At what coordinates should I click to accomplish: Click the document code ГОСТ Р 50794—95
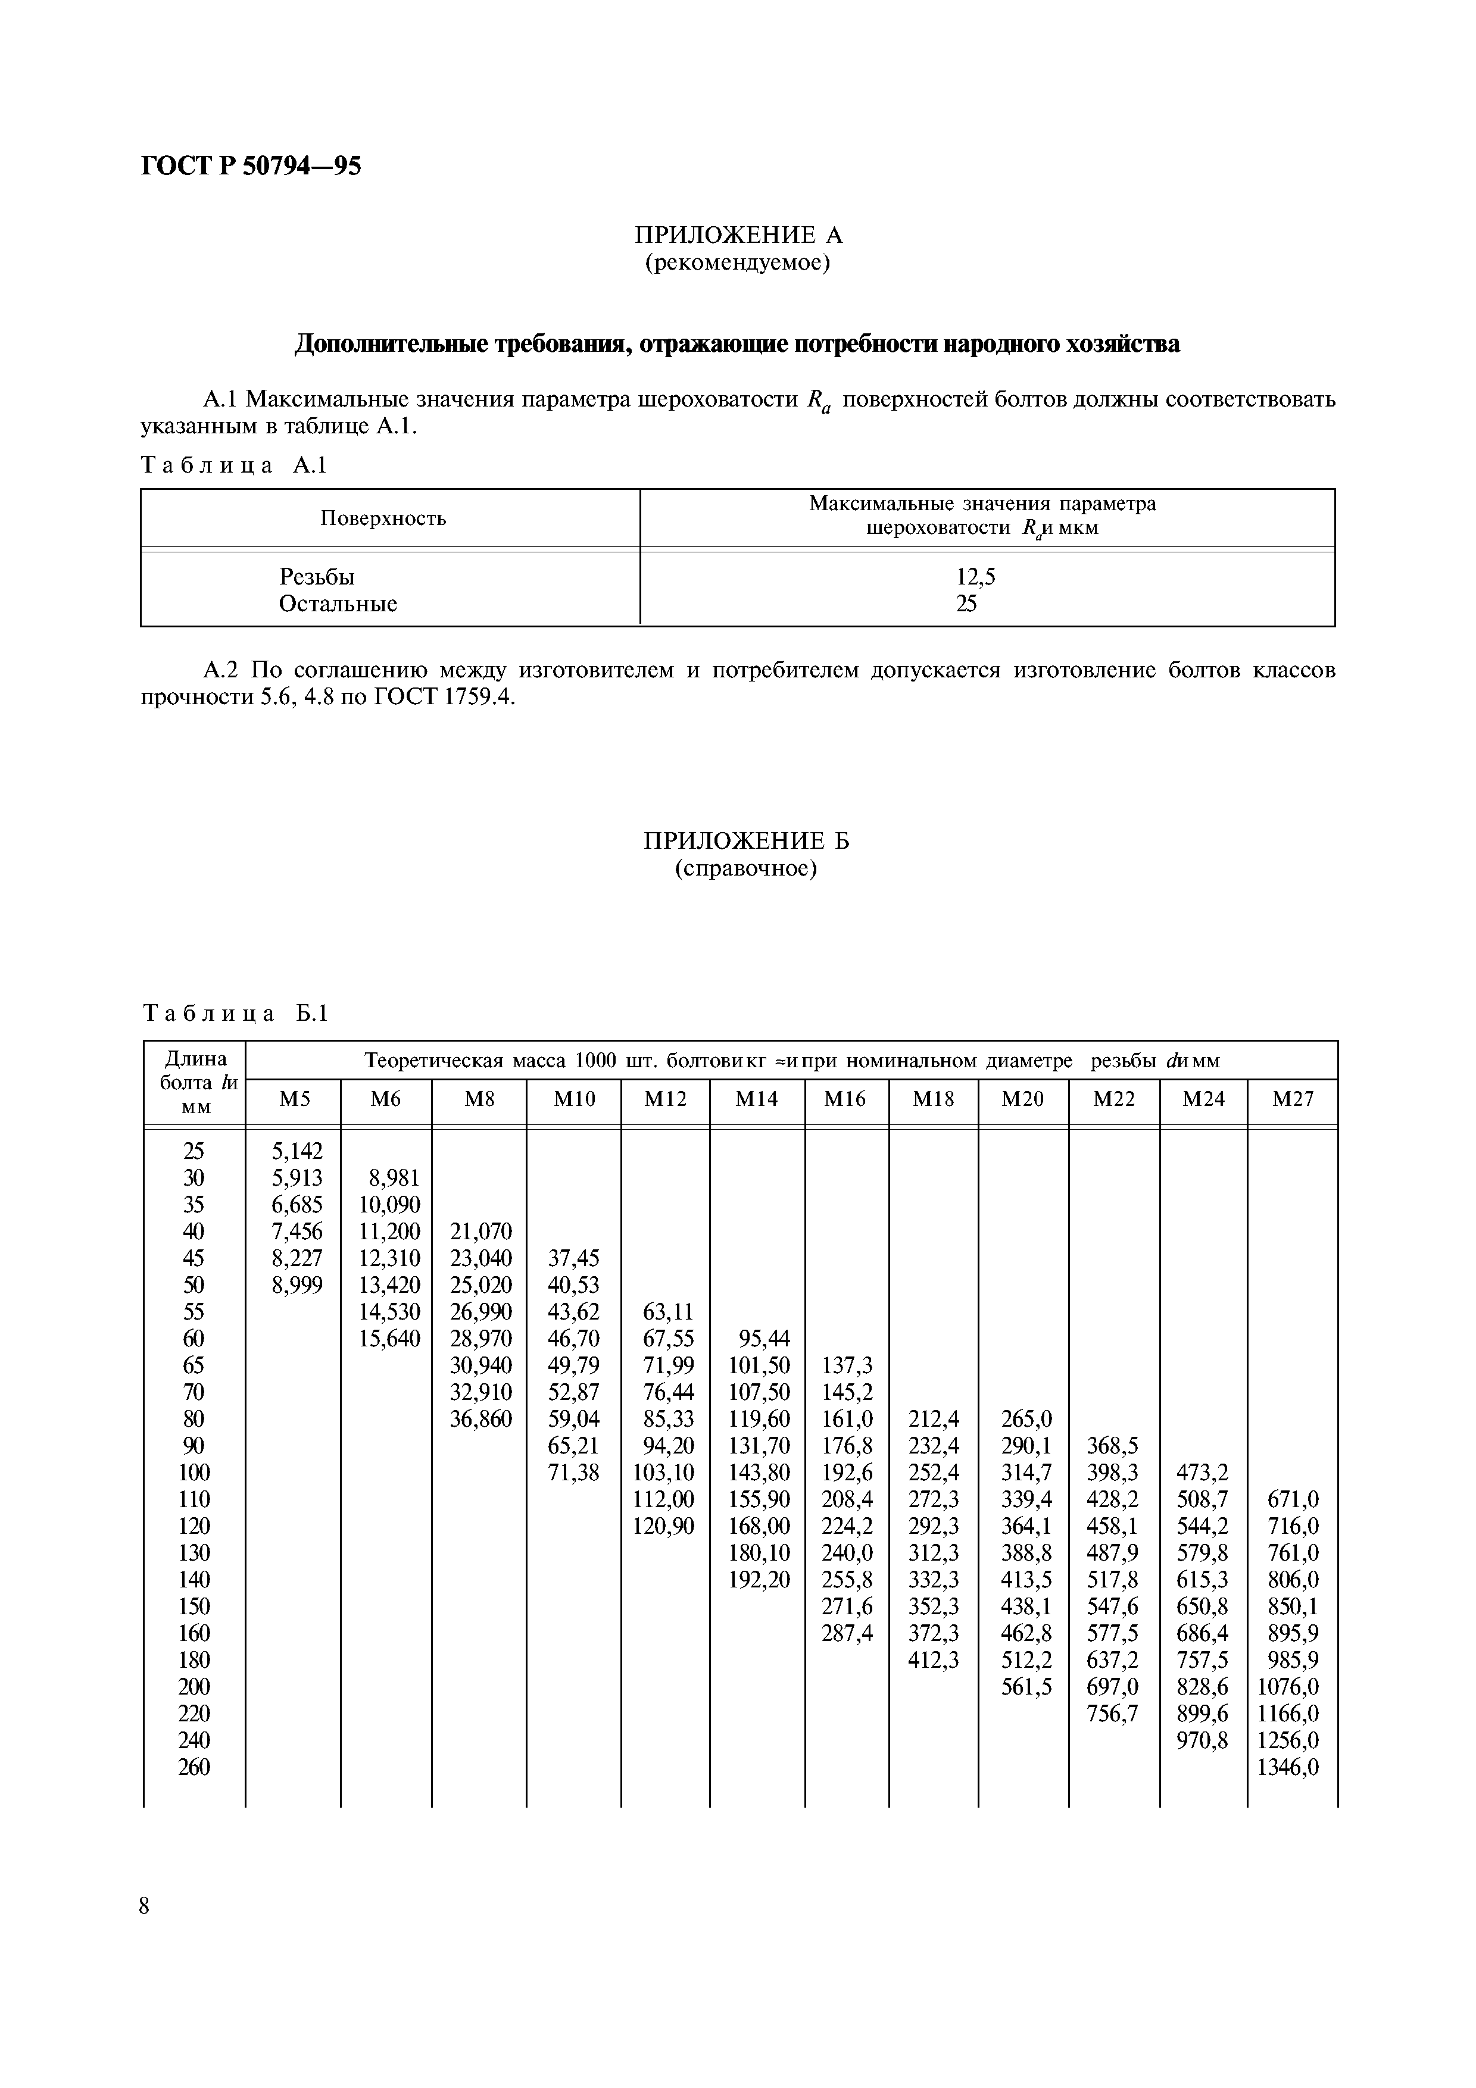(251, 165)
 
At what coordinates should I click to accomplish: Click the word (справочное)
(745, 868)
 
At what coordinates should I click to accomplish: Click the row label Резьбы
(317, 577)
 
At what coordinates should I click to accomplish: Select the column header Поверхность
(383, 518)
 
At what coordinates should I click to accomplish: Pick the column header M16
(845, 1099)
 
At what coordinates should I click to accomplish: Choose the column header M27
(1292, 1099)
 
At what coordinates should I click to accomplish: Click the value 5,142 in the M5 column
(297, 1151)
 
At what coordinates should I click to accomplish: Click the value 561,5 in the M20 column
(1026, 1687)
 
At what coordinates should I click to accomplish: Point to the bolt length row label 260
(194, 1767)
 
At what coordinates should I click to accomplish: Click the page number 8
(145, 1906)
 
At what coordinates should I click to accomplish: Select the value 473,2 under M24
(1202, 1473)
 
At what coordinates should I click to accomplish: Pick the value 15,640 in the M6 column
(389, 1339)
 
